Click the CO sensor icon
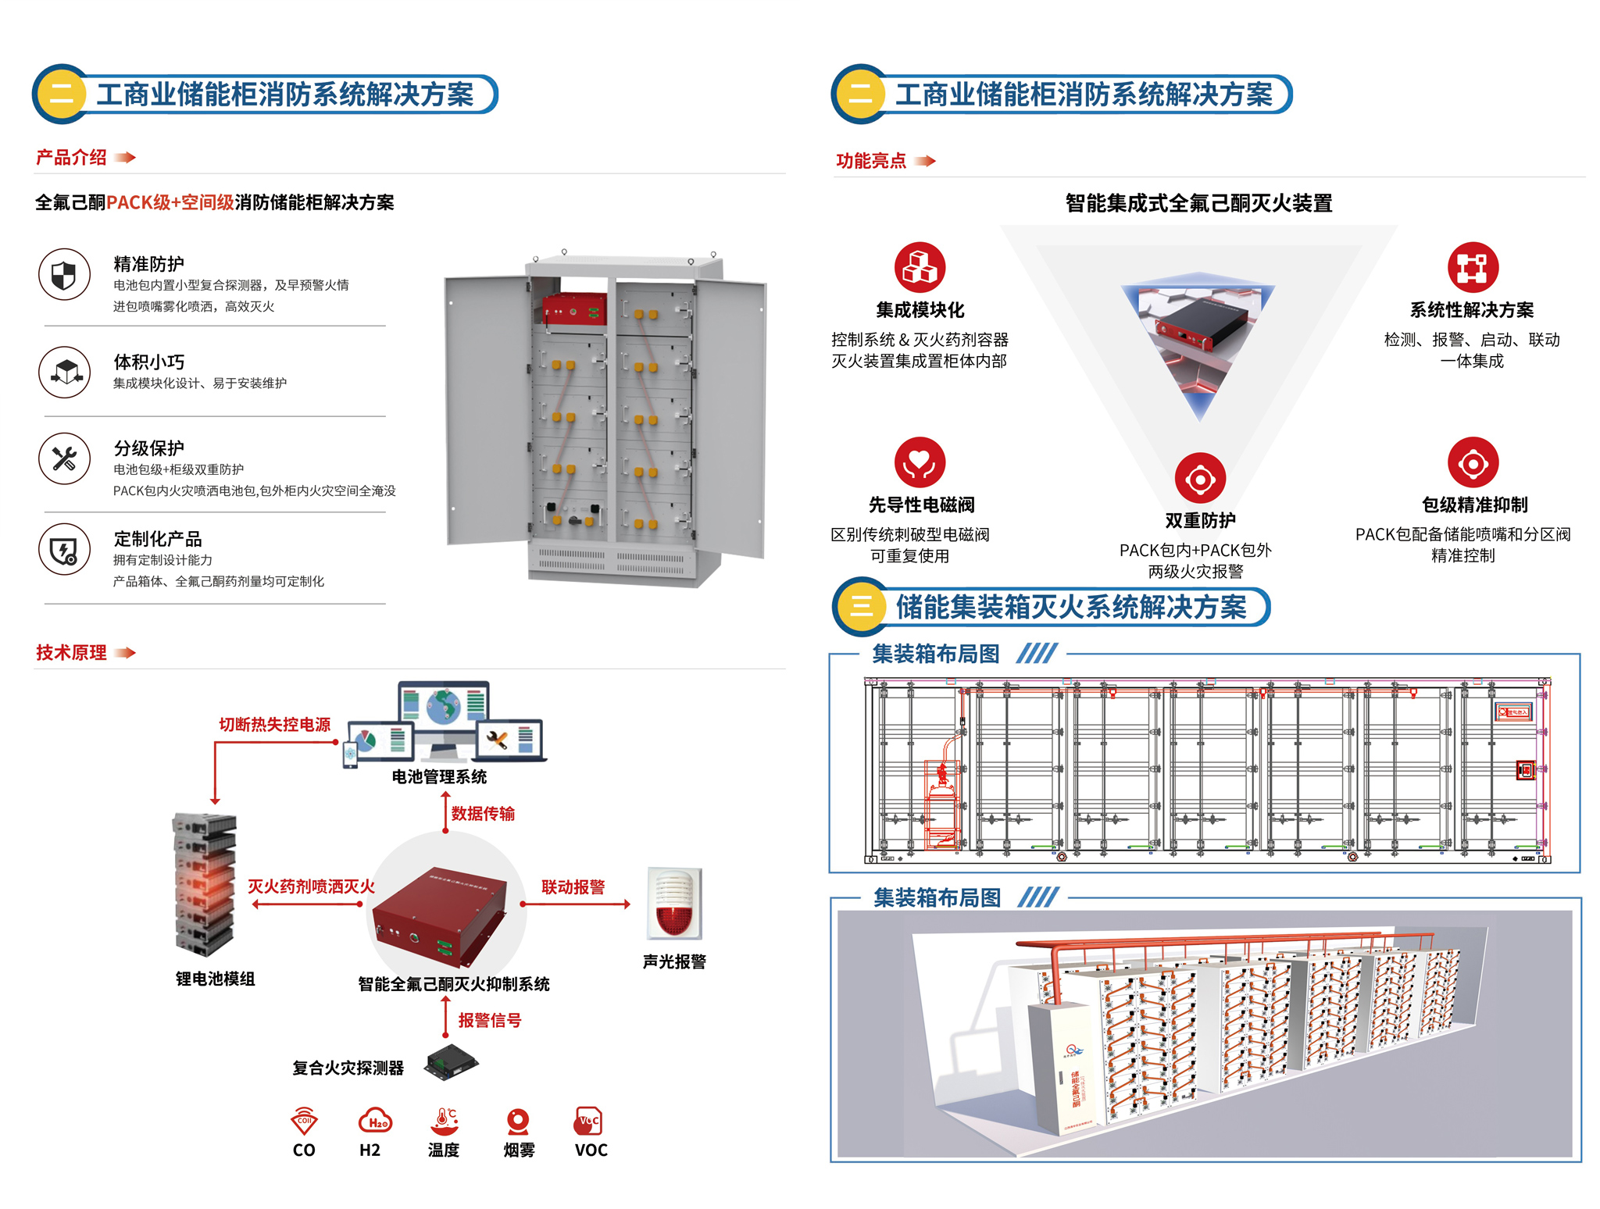point(304,1121)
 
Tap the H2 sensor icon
point(375,1121)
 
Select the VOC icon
point(588,1121)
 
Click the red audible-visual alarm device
point(674,904)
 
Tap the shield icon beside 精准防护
point(64,275)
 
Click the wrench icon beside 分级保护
point(64,458)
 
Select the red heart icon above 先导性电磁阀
point(920,462)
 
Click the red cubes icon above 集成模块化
point(920,267)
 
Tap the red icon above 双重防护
point(1200,478)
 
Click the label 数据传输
point(483,814)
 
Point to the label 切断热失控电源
point(274,725)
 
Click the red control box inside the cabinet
point(574,309)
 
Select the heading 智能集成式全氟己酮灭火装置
point(1198,204)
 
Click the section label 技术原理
point(71,653)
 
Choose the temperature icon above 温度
point(444,1121)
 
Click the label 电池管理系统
point(439,777)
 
